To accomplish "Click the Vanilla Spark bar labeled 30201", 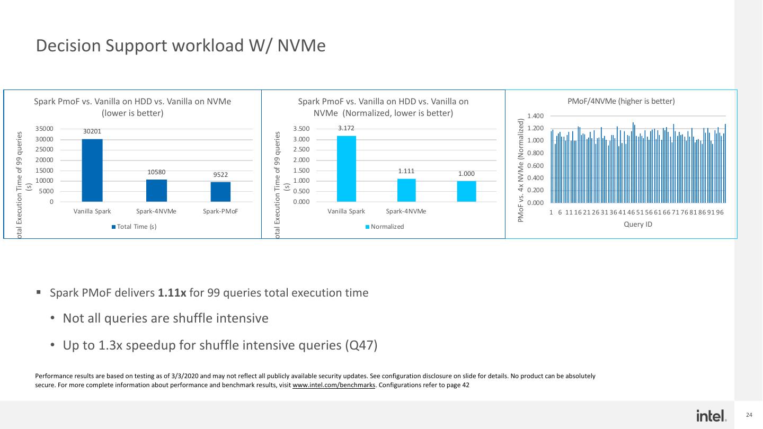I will pos(92,170).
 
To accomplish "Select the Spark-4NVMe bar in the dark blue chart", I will pos(156,191).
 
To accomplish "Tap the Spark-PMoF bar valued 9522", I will pos(220,192).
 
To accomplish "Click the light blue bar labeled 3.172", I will pos(346,168).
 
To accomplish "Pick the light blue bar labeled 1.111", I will pos(406,190).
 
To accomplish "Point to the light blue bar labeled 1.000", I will pos(466,191).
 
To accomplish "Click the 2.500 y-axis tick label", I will pos(302,150).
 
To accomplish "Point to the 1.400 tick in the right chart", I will pos(535,116).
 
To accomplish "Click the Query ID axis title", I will pos(638,225).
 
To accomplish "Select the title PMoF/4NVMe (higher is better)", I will pos(621,101).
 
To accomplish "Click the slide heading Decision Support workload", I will pos(180,46).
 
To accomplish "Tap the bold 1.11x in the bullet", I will pos(172,293).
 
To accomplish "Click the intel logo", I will pos(712,416).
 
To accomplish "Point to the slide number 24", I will pos(749,415).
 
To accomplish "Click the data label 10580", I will pos(156,172).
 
